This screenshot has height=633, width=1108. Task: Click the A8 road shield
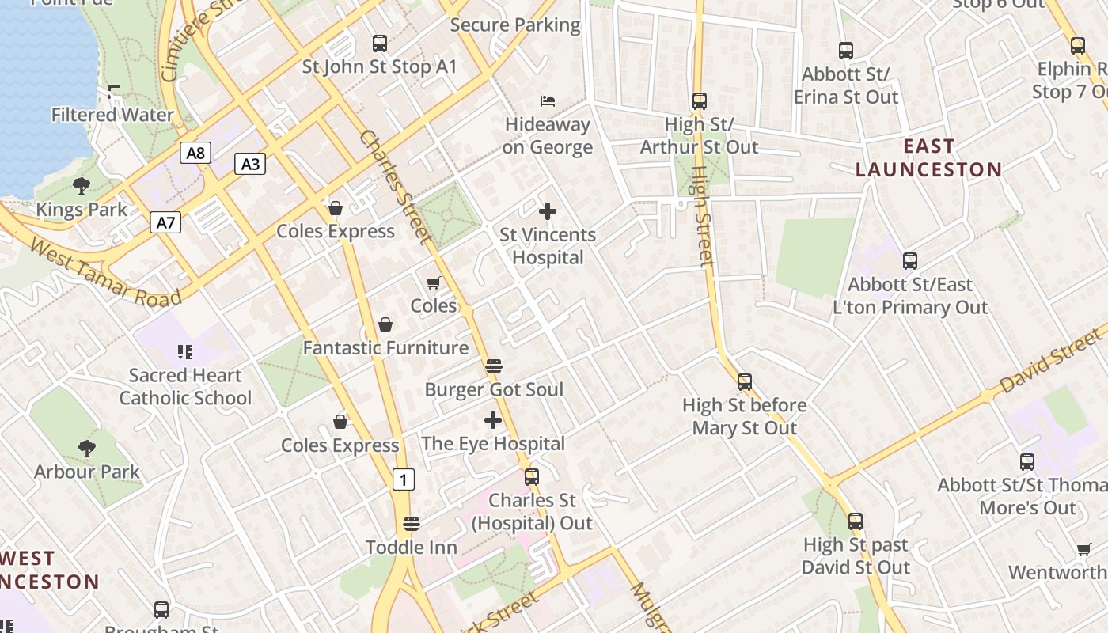[195, 153]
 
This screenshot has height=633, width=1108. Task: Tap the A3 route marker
[249, 165]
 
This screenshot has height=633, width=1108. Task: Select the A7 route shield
[165, 222]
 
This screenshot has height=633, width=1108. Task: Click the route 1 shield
[404, 479]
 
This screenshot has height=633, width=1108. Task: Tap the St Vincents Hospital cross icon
[547, 211]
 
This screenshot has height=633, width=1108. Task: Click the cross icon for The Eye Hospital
[493, 420]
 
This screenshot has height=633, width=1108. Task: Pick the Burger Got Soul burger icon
[494, 366]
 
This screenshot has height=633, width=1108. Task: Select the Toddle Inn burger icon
[411, 524]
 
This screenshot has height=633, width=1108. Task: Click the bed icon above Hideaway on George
[547, 100]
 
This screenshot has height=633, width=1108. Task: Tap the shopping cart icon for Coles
[433, 282]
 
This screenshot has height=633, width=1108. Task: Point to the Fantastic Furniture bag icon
[385, 324]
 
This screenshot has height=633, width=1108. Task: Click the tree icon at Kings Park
[81, 186]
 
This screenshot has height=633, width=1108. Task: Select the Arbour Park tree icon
[86, 449]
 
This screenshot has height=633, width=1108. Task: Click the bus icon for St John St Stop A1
[380, 44]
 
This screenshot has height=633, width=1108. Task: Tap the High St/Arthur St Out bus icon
[699, 101]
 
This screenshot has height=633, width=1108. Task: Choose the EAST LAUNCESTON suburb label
[928, 158]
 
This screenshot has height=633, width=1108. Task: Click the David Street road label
[1051, 363]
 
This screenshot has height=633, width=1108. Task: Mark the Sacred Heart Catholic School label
[185, 387]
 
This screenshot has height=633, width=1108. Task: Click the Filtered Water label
[112, 116]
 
